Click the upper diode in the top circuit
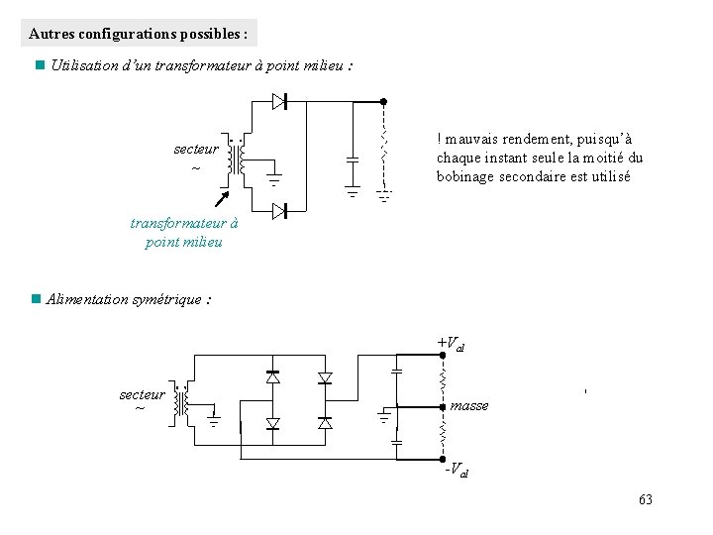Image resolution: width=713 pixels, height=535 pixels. point(280,101)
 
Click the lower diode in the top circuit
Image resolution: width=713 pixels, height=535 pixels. point(280,210)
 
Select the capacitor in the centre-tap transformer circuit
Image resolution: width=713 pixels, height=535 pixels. point(352,159)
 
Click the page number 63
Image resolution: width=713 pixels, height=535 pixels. point(646,499)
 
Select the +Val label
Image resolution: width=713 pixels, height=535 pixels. point(451,345)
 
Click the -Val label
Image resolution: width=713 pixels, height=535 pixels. point(456,469)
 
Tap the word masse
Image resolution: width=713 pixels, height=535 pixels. point(468,405)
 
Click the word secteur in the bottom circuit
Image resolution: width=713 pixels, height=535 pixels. point(142,394)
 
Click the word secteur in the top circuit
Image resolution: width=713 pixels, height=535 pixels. point(196,149)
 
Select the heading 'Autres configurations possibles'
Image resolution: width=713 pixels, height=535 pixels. point(139,34)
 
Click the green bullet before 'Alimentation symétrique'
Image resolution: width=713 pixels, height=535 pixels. point(37,299)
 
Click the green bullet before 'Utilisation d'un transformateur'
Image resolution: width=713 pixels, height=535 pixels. point(37,66)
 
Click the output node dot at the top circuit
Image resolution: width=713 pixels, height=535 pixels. point(384,102)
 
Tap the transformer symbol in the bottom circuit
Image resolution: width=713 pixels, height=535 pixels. point(180,402)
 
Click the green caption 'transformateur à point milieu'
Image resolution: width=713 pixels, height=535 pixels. point(183,233)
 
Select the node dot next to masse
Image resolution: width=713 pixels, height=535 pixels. point(443,406)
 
